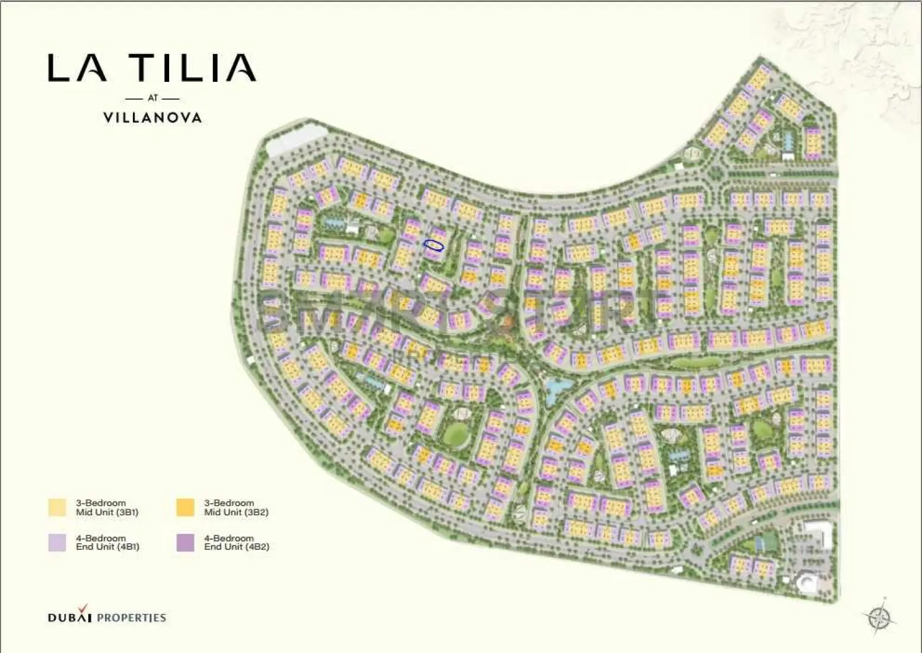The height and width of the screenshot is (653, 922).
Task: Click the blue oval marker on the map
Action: [x=434, y=245]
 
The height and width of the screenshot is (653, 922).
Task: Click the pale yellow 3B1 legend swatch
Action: [x=58, y=508]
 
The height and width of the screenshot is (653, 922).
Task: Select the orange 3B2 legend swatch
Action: [x=186, y=508]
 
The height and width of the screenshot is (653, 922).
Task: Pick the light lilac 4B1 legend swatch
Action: [x=58, y=543]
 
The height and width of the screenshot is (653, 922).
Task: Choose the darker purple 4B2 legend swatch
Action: [x=186, y=543]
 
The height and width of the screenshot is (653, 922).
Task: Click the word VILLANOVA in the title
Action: [x=152, y=118]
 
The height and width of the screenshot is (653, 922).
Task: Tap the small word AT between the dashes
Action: [x=152, y=98]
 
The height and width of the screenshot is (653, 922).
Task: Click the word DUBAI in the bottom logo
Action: [x=69, y=617]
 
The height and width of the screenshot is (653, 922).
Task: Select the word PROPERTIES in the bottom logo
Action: [x=131, y=617]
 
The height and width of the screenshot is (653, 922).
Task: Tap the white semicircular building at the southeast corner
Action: [x=807, y=582]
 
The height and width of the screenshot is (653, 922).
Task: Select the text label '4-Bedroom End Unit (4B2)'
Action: [x=237, y=543]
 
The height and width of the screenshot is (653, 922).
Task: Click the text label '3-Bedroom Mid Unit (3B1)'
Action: [x=107, y=508]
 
